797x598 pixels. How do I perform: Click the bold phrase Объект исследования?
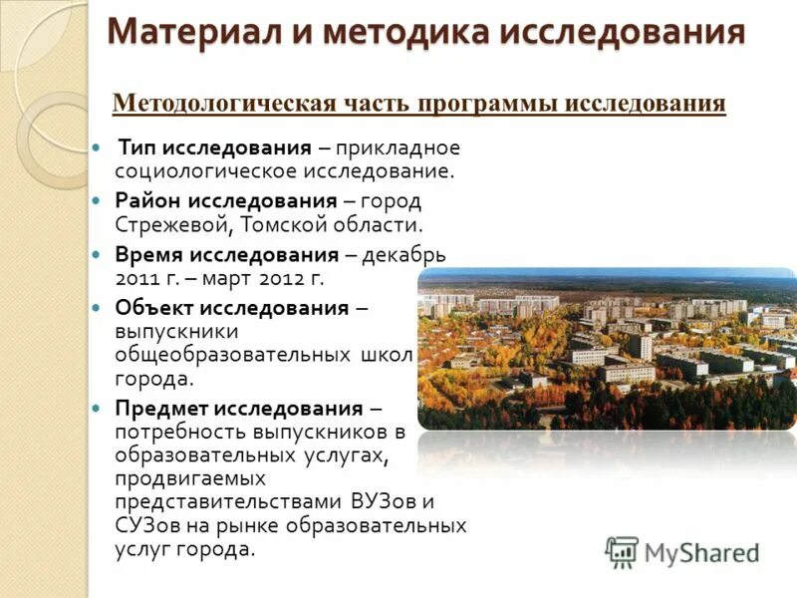(x=231, y=308)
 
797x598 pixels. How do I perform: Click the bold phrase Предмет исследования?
(x=238, y=408)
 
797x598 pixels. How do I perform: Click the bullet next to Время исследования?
(x=96, y=255)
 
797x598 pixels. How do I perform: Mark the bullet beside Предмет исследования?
(x=96, y=409)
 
